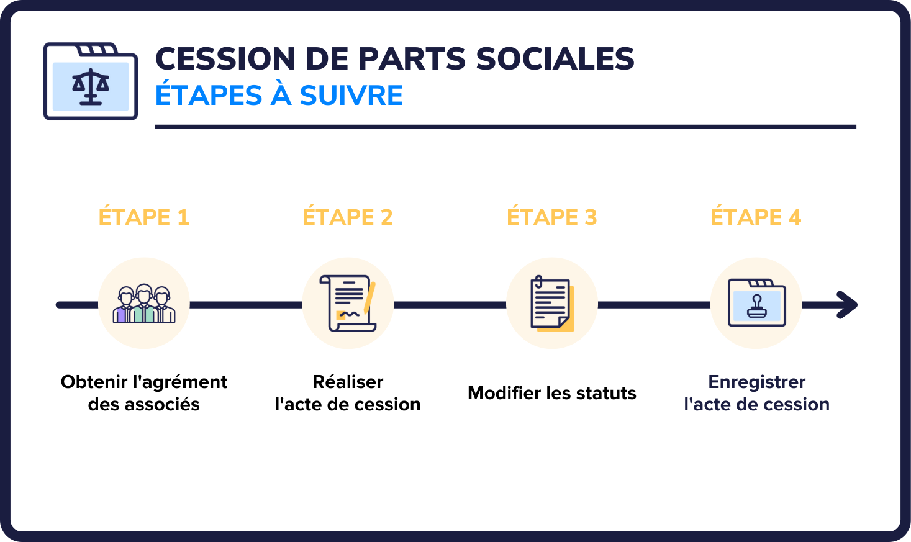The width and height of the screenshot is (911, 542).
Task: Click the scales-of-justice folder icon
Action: (91, 81)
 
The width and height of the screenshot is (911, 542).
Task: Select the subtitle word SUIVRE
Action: (351, 96)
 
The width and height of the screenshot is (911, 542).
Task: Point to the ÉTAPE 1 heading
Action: (143, 217)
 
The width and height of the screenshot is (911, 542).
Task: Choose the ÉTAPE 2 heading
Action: (348, 217)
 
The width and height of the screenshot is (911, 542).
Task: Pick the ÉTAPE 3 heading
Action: (551, 217)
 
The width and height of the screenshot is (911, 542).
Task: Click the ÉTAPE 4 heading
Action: (756, 217)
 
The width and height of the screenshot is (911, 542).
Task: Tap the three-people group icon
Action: (144, 304)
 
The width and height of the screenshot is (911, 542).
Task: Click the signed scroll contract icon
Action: (348, 304)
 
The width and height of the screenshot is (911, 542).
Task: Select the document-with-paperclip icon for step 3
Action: (551, 304)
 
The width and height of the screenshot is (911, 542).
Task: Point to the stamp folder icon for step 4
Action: (756, 304)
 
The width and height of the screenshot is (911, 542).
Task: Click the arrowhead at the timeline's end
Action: (847, 305)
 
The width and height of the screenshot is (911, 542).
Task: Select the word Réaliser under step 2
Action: (348, 382)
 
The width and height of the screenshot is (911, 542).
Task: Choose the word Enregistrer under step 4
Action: (756, 382)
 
